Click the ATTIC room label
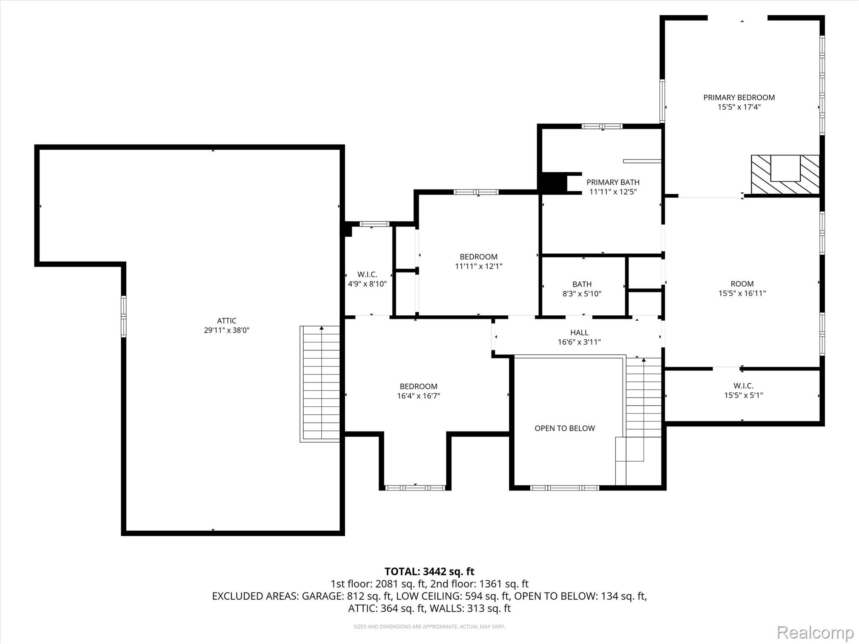click(226, 321)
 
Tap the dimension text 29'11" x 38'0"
click(226, 330)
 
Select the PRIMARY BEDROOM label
click(739, 97)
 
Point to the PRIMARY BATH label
click(613, 182)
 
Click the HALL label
click(579, 332)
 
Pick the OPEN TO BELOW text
click(565, 428)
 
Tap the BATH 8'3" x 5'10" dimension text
click(582, 294)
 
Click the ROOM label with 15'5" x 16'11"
click(742, 284)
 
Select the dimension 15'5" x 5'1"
click(743, 395)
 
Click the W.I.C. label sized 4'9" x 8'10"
click(367, 274)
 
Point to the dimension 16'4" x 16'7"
click(419, 396)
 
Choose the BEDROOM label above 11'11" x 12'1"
click(479, 257)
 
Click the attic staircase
click(320, 384)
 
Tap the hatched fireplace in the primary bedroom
click(785, 174)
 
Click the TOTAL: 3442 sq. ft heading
click(429, 571)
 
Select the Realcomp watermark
click(815, 632)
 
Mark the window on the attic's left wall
click(124, 317)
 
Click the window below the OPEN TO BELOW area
click(565, 488)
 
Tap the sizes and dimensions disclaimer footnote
click(429, 626)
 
